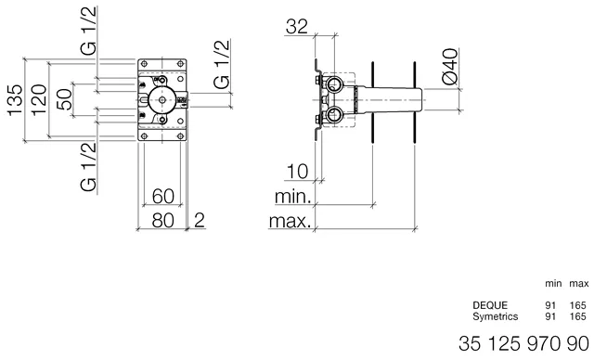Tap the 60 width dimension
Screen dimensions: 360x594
[162, 196]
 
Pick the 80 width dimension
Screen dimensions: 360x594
[162, 220]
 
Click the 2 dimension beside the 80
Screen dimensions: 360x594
[199, 220]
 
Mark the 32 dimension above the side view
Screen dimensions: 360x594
[297, 27]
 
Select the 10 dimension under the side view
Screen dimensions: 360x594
[297, 172]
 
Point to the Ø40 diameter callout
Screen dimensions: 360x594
[449, 68]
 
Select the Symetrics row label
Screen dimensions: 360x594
[494, 316]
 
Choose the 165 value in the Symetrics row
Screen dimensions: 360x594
[578, 316]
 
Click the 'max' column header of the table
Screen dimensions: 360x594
[578, 282]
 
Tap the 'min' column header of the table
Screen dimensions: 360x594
[551, 282]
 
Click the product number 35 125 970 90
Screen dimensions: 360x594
[524, 344]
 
